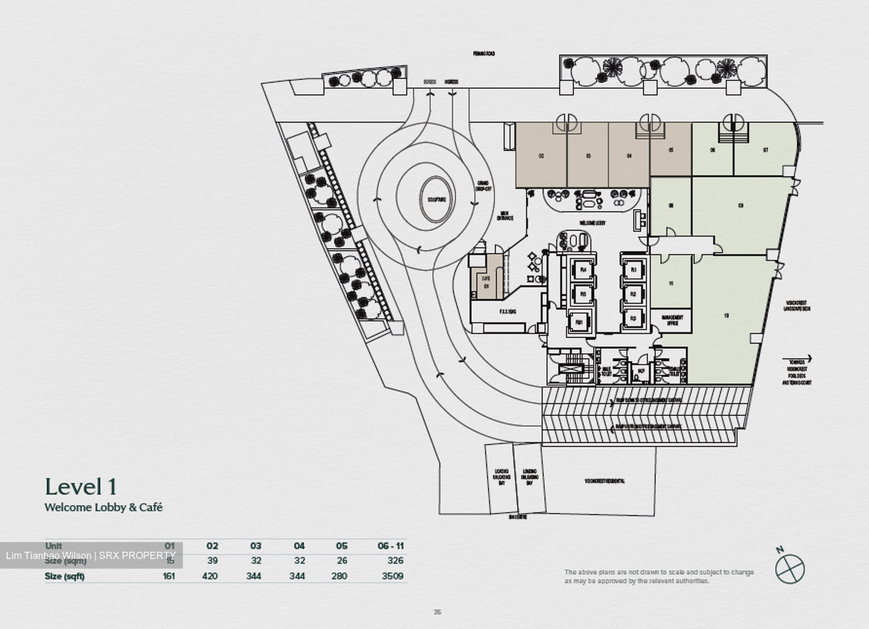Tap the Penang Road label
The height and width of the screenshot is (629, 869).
[484, 54]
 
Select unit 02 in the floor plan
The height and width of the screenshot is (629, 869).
[541, 156]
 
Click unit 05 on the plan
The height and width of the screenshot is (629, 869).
[670, 150]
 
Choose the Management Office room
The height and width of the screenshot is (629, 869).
[672, 321]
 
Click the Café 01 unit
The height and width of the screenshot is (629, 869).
[486, 282]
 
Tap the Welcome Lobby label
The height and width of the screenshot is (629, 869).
[593, 223]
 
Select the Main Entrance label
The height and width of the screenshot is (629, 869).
[505, 216]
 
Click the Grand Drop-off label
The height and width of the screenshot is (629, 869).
[483, 185]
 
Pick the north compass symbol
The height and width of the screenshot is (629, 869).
[790, 567]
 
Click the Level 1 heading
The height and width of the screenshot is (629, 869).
[80, 487]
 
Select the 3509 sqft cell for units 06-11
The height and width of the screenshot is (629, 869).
[392, 576]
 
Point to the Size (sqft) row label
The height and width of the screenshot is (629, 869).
[65, 576]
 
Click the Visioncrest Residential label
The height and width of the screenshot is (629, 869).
[604, 481]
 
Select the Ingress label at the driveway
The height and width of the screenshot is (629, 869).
[451, 82]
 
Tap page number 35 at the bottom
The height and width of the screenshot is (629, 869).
[437, 612]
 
